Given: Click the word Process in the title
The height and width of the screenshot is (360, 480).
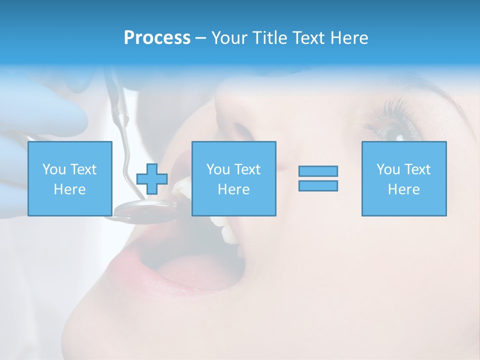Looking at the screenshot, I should [157, 38].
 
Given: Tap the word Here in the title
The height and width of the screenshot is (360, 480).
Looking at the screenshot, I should [347, 38].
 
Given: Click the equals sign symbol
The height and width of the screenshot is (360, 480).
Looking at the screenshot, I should [318, 178].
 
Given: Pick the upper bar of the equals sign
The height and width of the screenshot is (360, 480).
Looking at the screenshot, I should [318, 171].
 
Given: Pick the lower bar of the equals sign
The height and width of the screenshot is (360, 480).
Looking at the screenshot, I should [318, 185].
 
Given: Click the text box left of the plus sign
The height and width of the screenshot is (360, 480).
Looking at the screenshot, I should [69, 178].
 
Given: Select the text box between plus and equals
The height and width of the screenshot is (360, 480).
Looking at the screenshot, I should [233, 178].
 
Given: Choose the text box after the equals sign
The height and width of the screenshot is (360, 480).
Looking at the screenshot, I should [403, 178].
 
